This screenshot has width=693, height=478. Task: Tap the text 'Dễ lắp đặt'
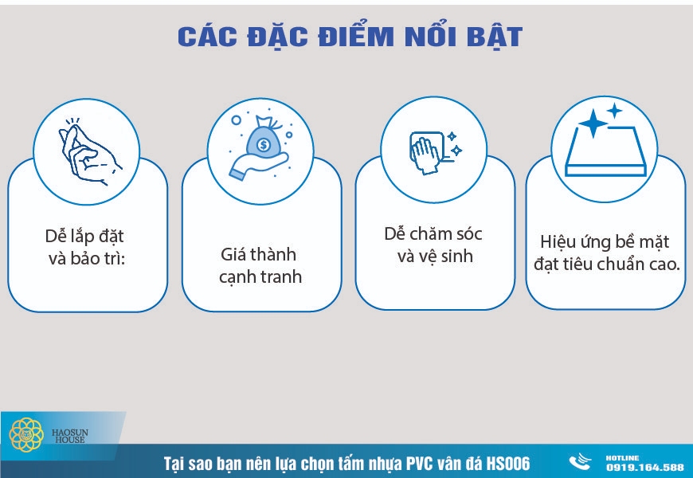[x=84, y=237]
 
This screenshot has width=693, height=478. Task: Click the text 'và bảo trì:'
[x=84, y=260]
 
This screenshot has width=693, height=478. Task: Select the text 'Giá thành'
[x=258, y=255]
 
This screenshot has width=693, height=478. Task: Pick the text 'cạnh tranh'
[x=261, y=277]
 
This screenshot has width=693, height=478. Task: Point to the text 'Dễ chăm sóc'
[x=433, y=234]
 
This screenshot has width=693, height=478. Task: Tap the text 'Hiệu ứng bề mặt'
[x=605, y=241]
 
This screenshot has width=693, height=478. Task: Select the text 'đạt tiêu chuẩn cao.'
[x=605, y=264]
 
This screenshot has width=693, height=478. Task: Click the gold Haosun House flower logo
[x=26, y=435]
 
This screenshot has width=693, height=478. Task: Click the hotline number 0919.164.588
[x=644, y=467]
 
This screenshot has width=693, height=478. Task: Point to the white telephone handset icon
[x=581, y=462]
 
